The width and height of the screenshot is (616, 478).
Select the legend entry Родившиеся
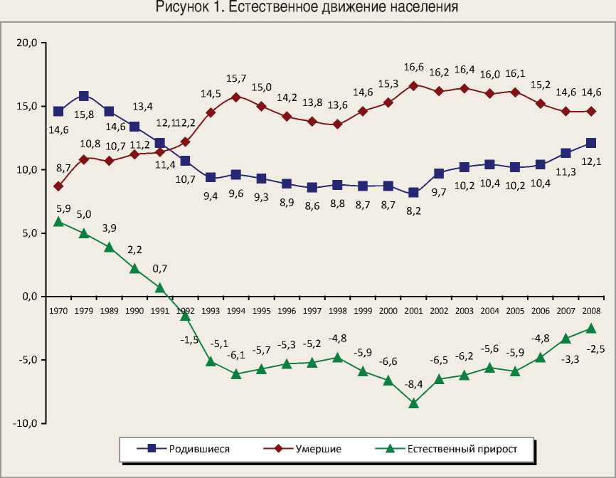199,449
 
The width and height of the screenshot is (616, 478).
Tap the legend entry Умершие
319,449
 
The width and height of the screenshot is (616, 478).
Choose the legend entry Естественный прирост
461,449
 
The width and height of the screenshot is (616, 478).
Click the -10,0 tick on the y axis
26,423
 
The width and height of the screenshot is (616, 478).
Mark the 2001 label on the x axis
413,310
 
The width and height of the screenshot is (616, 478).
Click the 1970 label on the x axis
58,310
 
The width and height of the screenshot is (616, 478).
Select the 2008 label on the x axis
591,310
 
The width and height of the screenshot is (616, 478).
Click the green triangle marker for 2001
413,403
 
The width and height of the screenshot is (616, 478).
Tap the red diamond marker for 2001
413,85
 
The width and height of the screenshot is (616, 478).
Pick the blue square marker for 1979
84,95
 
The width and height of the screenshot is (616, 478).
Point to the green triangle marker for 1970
58,221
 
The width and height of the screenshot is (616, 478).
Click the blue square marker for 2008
591,142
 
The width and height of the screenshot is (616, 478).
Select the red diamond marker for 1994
236,97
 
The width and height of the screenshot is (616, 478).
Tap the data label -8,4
413,384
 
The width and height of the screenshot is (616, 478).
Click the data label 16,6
413,68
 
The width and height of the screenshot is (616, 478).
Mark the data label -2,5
596,349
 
